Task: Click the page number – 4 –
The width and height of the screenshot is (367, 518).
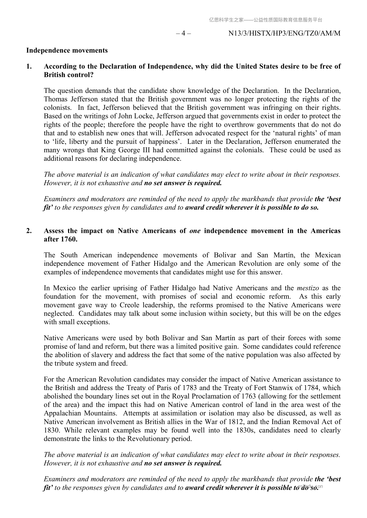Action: click(x=183, y=33)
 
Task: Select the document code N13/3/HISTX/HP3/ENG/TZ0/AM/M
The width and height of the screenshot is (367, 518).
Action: click(x=284, y=33)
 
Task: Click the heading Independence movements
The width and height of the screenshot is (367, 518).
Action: click(x=67, y=50)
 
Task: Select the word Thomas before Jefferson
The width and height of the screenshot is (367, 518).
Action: click(x=55, y=99)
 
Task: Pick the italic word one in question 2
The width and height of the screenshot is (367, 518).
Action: click(x=195, y=231)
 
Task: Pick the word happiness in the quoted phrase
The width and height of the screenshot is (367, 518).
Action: click(x=159, y=142)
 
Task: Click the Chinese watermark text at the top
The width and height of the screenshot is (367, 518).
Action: click(x=265, y=20)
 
